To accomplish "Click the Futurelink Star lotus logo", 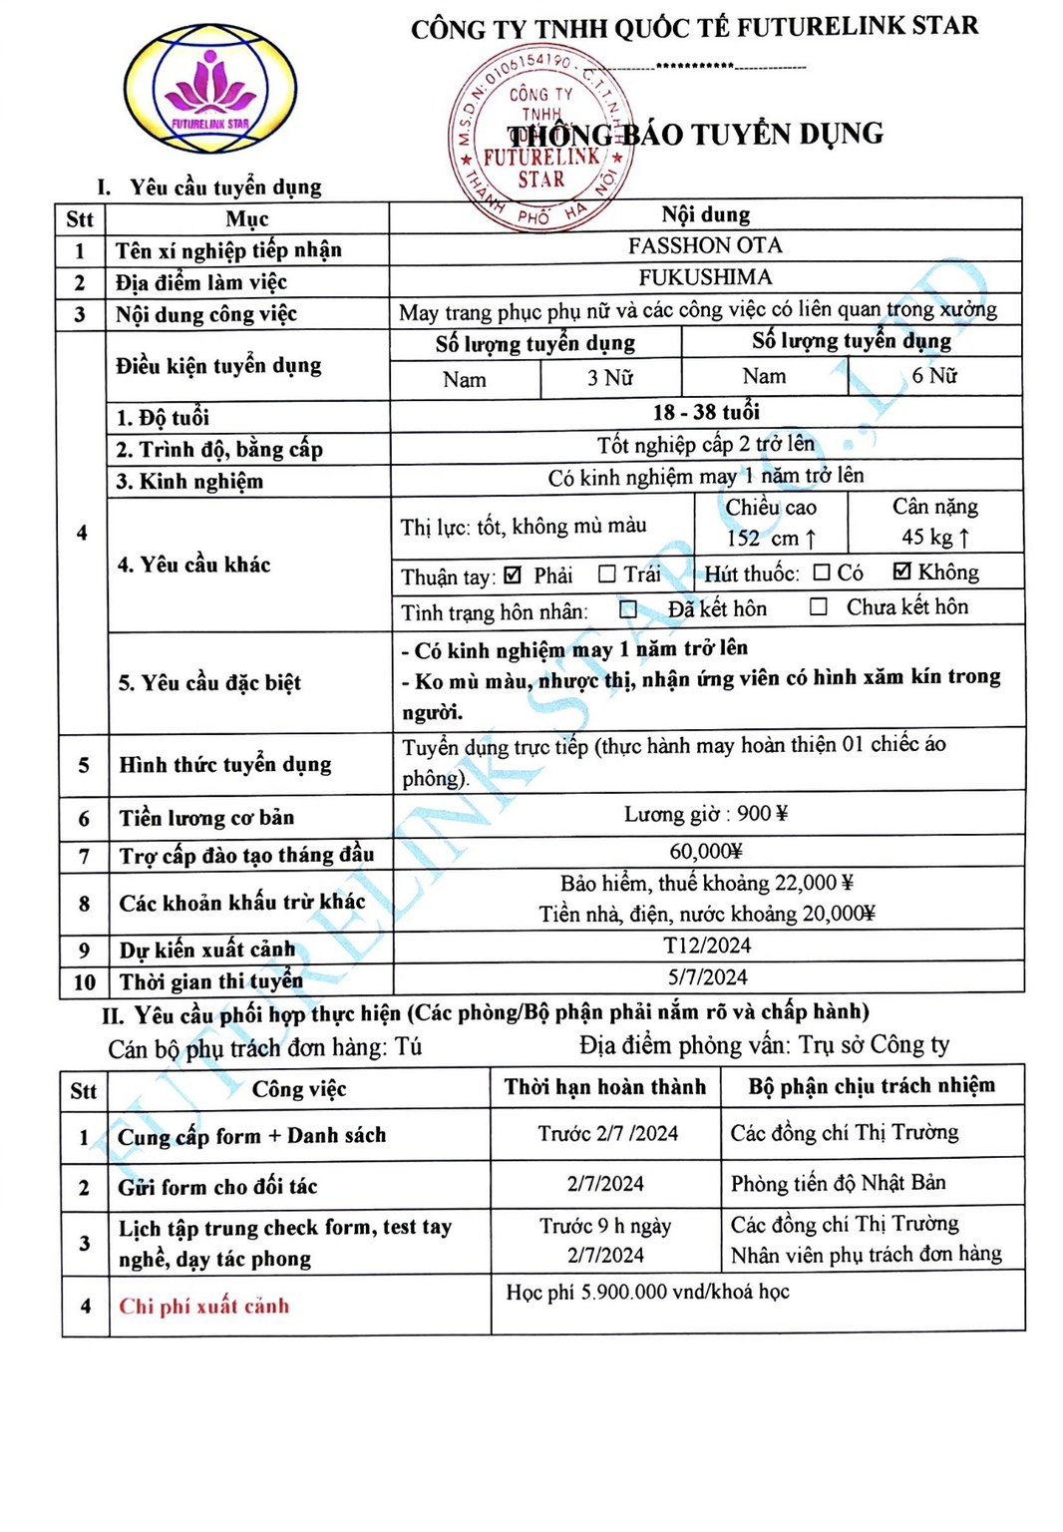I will coord(209,90).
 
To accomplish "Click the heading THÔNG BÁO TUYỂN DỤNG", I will coord(695,135).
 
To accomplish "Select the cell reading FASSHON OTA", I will coord(705,245).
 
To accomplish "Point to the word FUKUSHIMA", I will coord(705,277).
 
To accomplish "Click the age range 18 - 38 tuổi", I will coord(706,412).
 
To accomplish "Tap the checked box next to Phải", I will coord(514,574).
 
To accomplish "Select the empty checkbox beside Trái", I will coord(606,574).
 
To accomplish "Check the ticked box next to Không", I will coord(902,572).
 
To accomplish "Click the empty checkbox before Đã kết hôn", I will coord(628,608).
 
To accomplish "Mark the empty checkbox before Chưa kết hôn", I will coord(819,606).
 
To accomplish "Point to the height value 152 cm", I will coord(771,539).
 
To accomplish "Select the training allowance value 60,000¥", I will coord(706,851).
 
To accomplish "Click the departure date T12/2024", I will coord(707,945).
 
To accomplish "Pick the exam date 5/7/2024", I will coord(707,976).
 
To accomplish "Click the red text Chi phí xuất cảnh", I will coord(204,1306).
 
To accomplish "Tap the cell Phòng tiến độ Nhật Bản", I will coord(838,1183).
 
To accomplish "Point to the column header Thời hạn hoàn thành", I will coord(604,1086).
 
